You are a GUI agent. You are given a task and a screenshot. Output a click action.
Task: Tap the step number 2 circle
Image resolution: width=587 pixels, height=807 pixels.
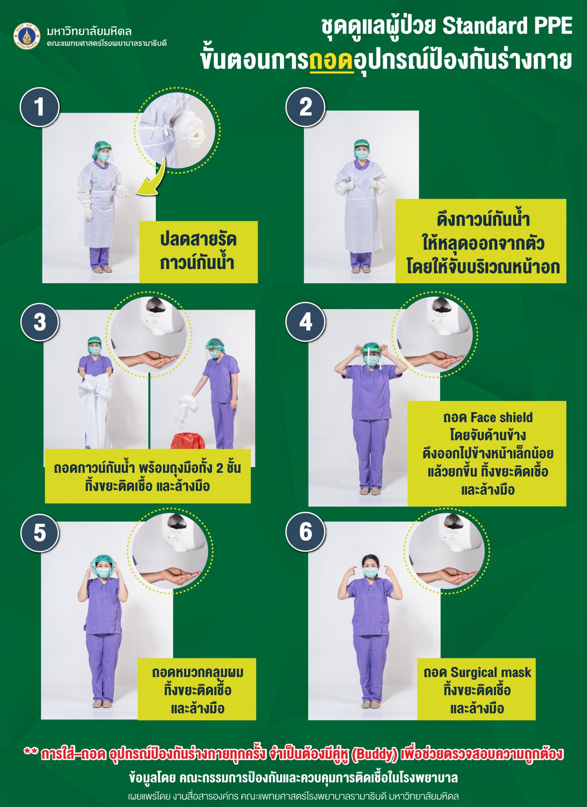pos(306,107)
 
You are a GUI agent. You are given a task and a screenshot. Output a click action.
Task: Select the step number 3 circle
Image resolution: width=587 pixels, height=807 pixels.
pos(40,323)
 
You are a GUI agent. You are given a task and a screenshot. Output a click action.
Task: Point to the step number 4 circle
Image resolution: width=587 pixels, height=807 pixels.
pos(306,323)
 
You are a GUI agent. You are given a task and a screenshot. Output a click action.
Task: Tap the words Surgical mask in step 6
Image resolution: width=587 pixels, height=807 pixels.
pos(491,673)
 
